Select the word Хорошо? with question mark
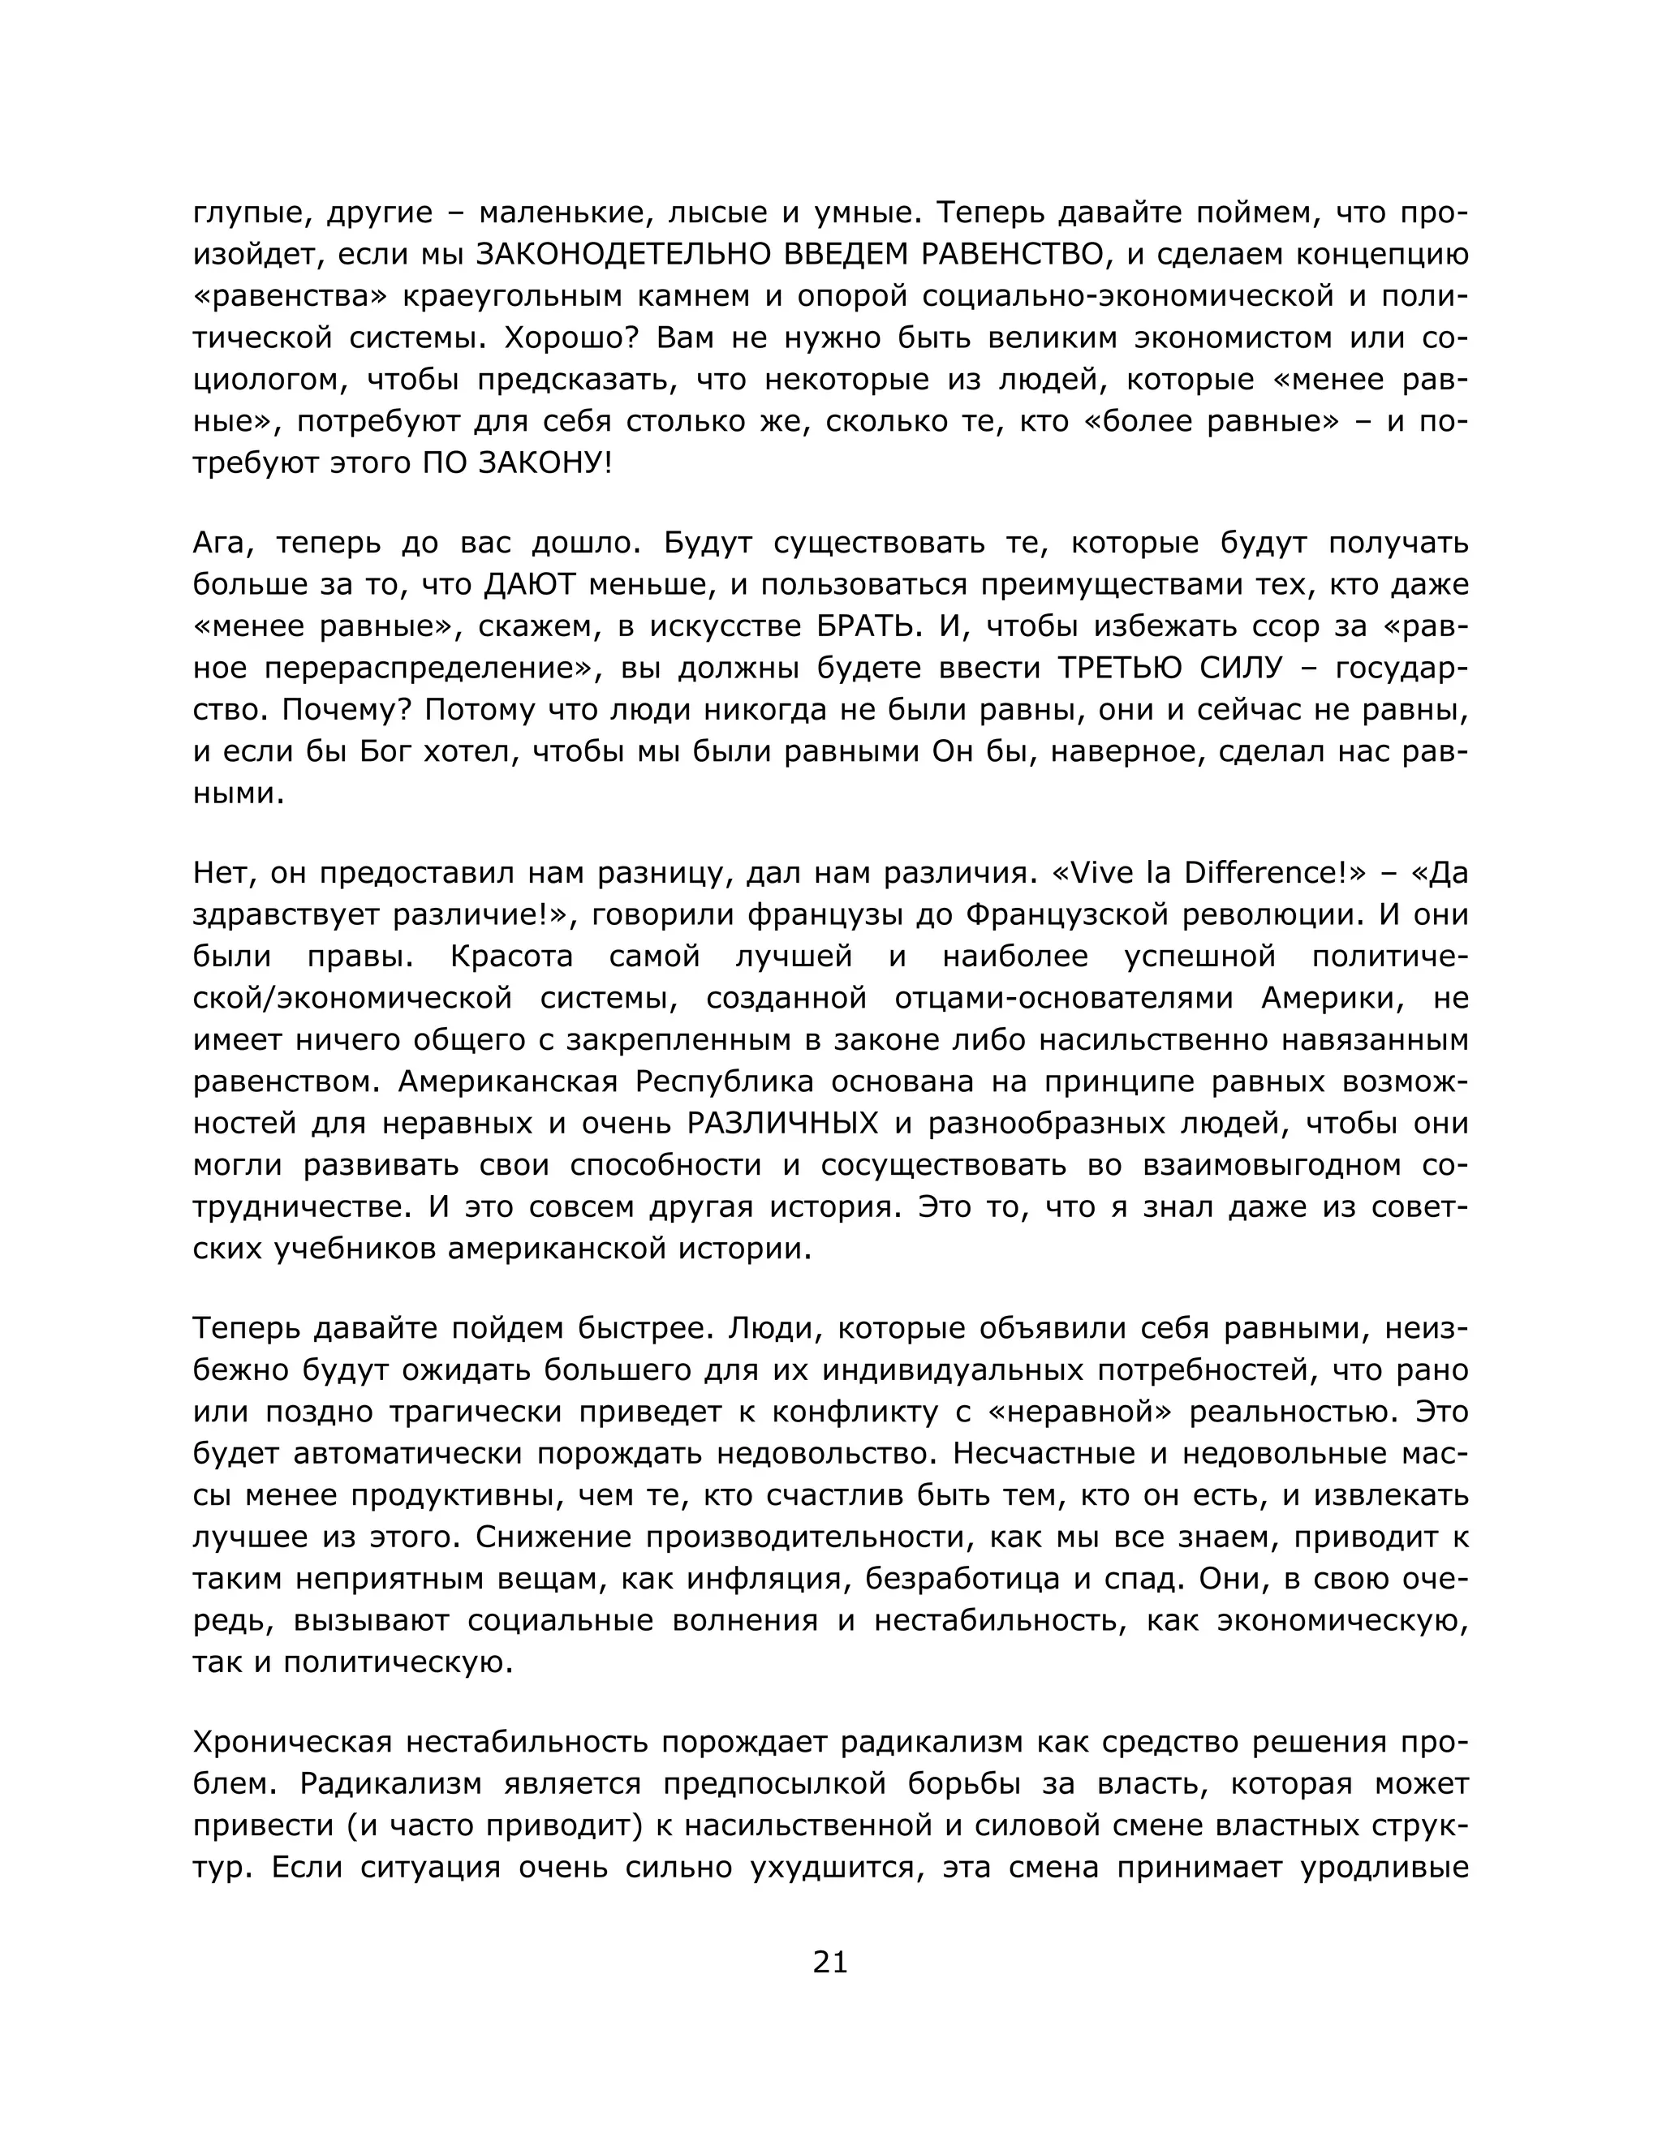click(565, 338)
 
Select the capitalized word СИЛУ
click(1242, 668)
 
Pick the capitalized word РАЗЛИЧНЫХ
click(783, 1122)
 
